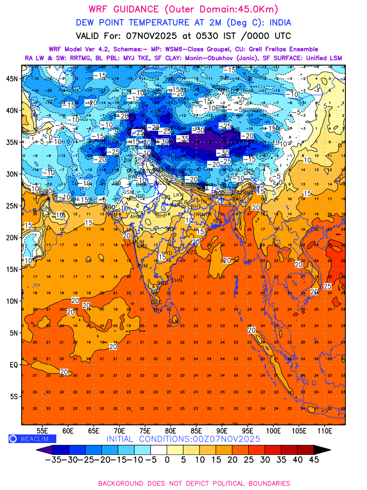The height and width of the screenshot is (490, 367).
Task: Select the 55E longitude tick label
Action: click(x=42, y=430)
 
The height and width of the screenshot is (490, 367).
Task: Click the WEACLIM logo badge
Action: click(x=32, y=439)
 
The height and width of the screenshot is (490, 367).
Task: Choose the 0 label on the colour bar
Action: click(x=167, y=459)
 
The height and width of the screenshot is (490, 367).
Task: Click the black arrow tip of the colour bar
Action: click(x=322, y=450)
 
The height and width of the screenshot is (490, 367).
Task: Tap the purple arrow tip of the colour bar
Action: click(x=40, y=450)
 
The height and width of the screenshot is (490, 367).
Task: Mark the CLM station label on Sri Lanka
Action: click(x=174, y=322)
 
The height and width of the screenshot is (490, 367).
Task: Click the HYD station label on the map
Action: click(x=167, y=253)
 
